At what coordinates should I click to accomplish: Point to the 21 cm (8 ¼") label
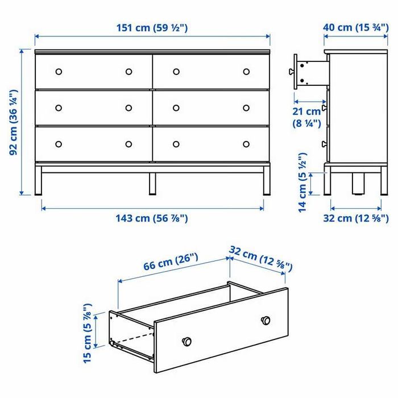(307, 117)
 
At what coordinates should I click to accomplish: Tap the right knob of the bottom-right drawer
(246, 144)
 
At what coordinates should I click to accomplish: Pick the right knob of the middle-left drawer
(128, 107)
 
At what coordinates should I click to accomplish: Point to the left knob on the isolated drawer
(185, 341)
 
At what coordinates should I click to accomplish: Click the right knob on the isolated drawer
(264, 320)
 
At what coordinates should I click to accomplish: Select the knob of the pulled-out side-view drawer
(291, 72)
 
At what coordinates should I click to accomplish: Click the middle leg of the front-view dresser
(152, 183)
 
